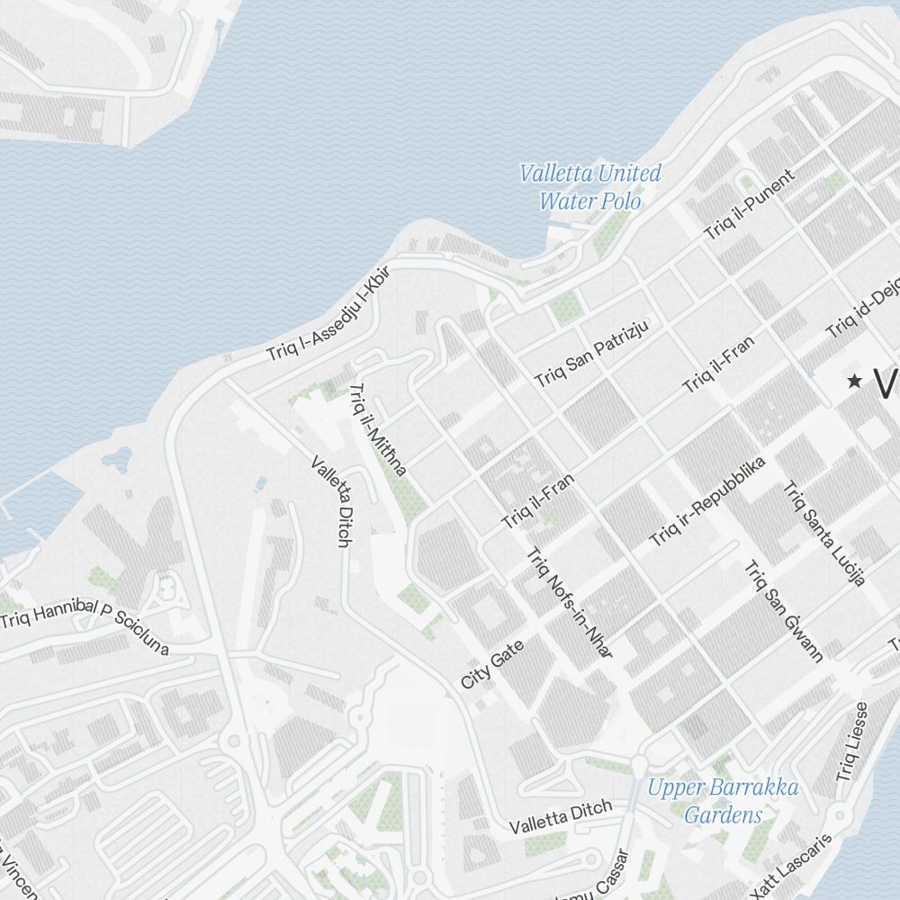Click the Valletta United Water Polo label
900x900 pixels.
click(x=590, y=186)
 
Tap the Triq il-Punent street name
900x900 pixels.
click(x=750, y=204)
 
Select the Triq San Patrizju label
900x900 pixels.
click(x=591, y=352)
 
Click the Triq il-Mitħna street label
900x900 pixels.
click(x=378, y=428)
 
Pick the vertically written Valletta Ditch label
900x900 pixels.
click(x=330, y=501)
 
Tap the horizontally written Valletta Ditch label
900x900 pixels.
click(x=560, y=816)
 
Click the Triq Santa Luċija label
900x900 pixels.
click(x=823, y=534)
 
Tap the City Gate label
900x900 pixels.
click(x=491, y=664)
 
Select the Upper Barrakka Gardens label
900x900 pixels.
click(x=723, y=802)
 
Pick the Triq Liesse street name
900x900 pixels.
click(x=850, y=741)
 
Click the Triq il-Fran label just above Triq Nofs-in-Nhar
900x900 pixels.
click(x=537, y=502)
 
